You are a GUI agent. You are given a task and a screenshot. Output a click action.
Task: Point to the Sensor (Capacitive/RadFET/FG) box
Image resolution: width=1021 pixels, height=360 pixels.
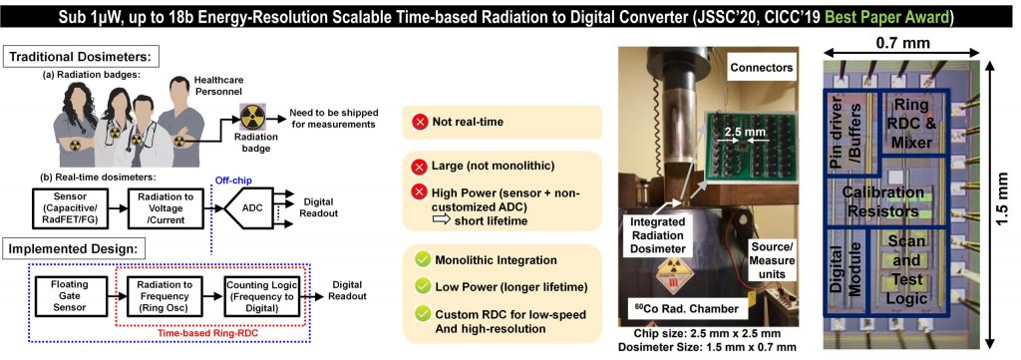coord(70,207)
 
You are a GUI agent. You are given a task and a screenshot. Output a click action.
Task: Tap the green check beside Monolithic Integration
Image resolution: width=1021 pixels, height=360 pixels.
coord(423,260)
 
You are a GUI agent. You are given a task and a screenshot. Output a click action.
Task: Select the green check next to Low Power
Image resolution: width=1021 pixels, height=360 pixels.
coord(423,286)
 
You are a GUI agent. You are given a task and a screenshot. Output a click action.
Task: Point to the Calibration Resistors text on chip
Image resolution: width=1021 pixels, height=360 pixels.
coord(882,201)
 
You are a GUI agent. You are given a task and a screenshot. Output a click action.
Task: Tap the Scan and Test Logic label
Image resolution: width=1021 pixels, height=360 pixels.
coord(911,270)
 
